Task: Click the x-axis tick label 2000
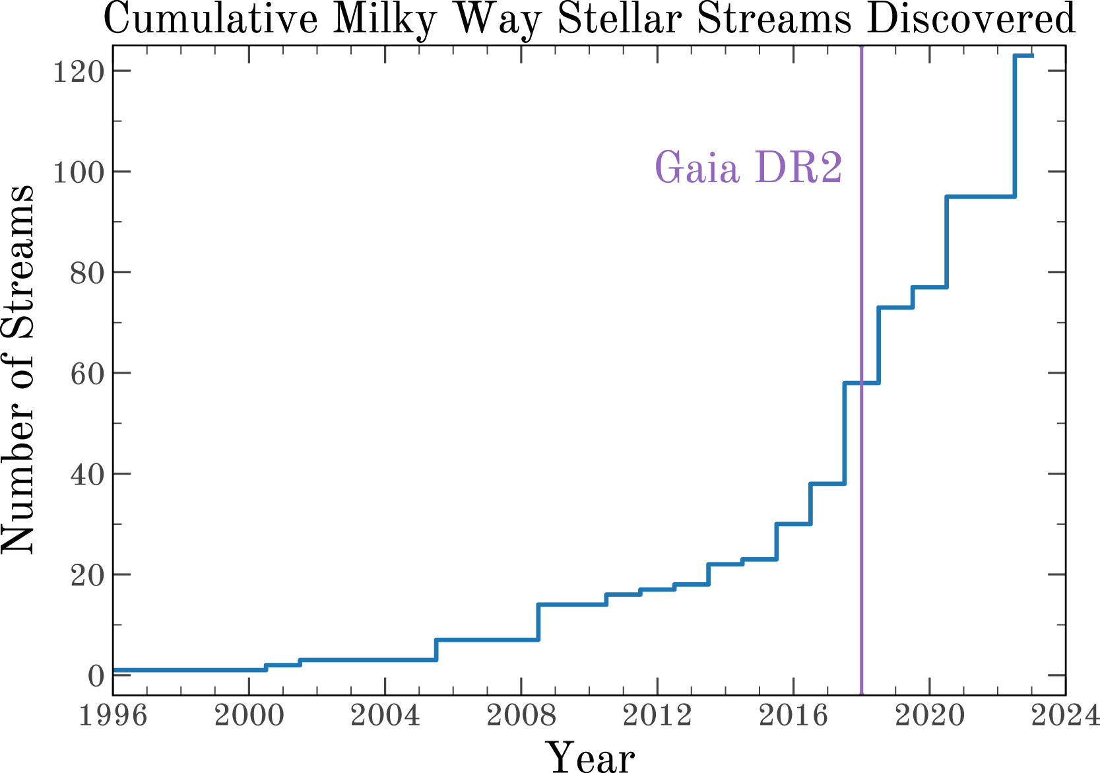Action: [x=249, y=716]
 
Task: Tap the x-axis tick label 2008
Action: [x=521, y=716]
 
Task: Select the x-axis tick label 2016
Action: [x=793, y=716]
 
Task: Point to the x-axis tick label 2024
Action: [x=1066, y=716]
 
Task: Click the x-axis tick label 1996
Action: [x=113, y=716]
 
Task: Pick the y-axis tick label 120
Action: [x=78, y=71]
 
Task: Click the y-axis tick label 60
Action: [x=87, y=373]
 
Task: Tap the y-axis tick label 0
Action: [x=96, y=675]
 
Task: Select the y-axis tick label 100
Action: [x=78, y=172]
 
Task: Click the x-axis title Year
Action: [x=589, y=756]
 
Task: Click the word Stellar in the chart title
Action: [x=620, y=20]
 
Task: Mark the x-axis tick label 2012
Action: [x=657, y=716]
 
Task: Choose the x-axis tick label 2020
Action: [x=929, y=716]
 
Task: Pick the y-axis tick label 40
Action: [x=87, y=474]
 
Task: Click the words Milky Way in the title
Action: [x=438, y=20]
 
